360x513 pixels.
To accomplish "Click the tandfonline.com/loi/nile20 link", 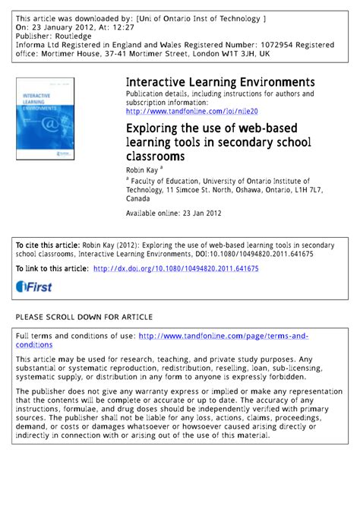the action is pos(187,111).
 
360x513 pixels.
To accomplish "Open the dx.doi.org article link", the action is pos(175,268).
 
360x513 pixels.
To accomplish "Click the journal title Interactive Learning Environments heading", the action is pos(220,81).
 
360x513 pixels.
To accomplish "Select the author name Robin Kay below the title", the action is pos(143,170).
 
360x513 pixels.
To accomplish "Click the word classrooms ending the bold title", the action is pos(159,157).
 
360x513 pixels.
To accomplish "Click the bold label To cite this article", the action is pos(47,246).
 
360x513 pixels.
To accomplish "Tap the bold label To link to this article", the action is pos(52,268).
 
